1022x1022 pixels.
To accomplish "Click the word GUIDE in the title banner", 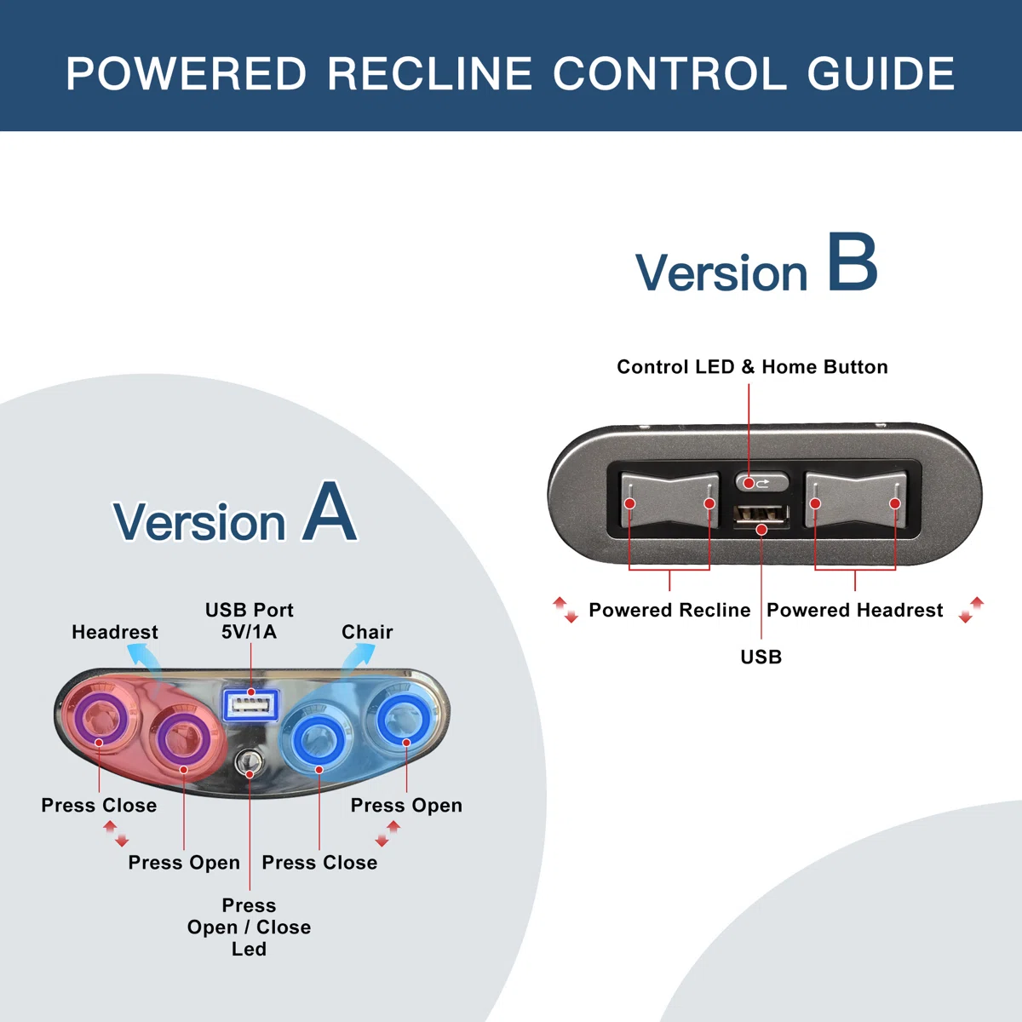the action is [881, 73].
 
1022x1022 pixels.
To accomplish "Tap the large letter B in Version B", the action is [853, 262].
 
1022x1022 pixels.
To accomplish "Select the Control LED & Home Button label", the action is [752, 366].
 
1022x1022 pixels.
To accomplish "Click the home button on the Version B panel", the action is [761, 483].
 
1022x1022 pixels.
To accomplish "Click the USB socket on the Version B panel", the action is [761, 517].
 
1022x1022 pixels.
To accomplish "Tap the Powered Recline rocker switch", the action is [669, 500].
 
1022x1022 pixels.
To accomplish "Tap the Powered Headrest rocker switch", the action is [855, 500].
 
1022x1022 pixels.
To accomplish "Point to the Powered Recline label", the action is [669, 610].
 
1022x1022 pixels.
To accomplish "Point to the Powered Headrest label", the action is [855, 610].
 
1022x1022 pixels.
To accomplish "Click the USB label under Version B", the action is [761, 657].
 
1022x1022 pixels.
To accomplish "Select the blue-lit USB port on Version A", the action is [251, 705].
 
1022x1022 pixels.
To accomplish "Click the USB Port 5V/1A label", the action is [250, 621].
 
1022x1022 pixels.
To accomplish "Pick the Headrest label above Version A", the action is [115, 632].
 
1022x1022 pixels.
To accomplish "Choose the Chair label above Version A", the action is [367, 632].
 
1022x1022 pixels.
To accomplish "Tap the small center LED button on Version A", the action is [248, 763].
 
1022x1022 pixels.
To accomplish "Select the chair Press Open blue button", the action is [405, 718].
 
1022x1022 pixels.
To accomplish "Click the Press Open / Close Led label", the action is [249, 927].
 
